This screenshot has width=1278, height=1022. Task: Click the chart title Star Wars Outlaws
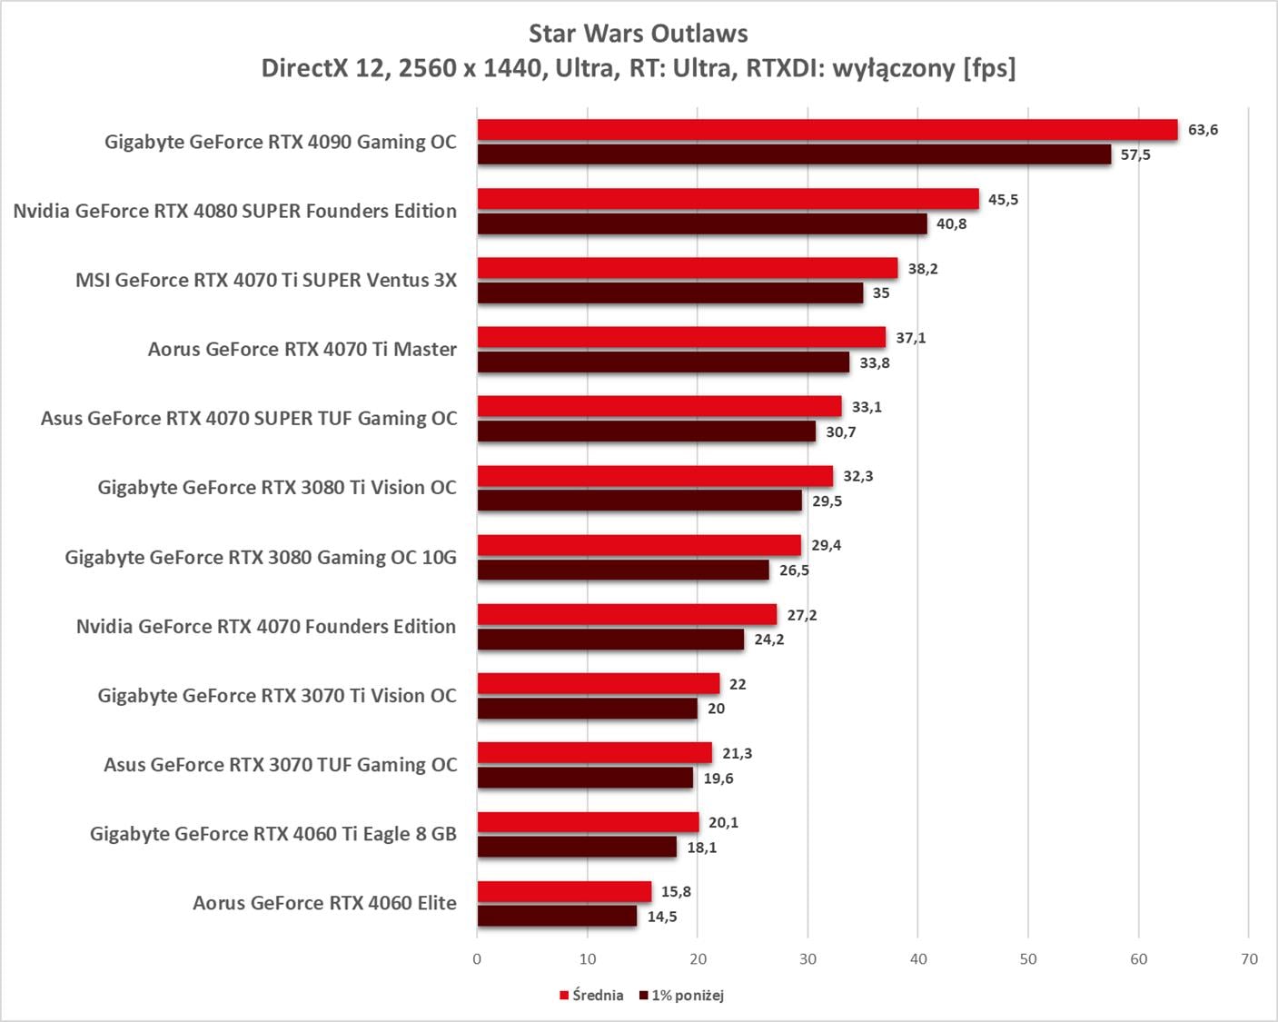638,34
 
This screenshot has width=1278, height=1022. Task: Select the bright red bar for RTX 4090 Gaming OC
827,130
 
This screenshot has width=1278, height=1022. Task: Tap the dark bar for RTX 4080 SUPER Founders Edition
702,223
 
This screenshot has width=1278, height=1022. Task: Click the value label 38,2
923,268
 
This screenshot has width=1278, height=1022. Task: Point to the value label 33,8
875,363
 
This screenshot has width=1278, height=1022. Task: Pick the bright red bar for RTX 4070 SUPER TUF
659,406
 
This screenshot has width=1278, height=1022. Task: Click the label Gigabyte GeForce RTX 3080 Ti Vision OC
277,488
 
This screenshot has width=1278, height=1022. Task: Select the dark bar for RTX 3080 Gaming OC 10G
623,570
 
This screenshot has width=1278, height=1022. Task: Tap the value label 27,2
802,615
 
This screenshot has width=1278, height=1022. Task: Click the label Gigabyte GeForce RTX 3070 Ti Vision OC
277,696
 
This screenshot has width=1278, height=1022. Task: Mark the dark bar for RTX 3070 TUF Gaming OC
585,778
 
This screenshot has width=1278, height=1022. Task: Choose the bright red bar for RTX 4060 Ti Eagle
588,822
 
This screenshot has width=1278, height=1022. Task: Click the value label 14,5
662,917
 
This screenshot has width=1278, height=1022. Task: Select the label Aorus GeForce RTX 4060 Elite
324,903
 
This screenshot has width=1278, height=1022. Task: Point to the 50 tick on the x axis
1028,959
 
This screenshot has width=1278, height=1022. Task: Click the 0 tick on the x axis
477,959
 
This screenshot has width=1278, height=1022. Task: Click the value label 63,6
1203,130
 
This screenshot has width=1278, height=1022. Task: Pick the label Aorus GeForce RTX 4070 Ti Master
302,350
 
